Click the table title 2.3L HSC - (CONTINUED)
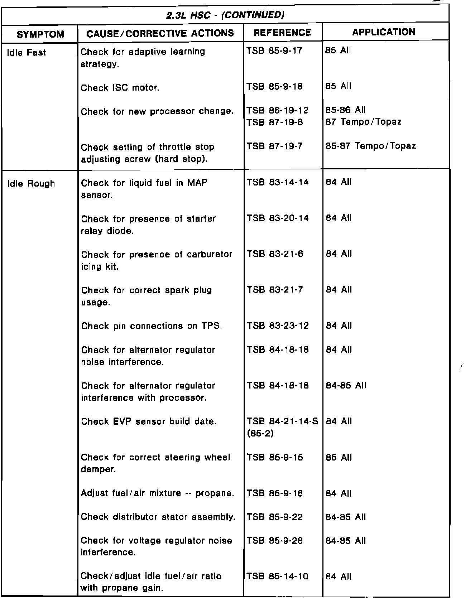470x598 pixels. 225,15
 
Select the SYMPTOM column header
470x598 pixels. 40,34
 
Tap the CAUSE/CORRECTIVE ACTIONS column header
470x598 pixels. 160,33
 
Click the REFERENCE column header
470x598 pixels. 282,33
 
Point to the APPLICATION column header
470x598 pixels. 384,32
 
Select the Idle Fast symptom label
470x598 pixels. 27,53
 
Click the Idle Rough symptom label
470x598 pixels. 31,184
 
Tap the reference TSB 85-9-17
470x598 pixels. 274,50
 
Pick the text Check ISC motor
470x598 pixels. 120,88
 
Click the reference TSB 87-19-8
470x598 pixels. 274,122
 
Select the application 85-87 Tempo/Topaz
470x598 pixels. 371,146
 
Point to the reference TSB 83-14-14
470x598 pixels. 277,182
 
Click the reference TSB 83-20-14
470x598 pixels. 277,218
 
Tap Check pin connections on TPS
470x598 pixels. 152,326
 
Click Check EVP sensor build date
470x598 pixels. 149,421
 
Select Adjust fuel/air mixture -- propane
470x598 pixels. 157,493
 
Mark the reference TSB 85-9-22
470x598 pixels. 274,517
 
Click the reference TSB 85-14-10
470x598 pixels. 277,577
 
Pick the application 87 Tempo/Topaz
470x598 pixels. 363,122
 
